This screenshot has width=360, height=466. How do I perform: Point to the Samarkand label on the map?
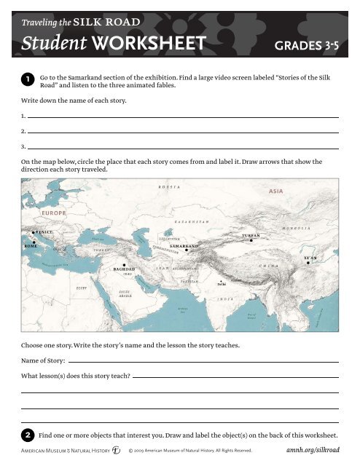(184, 246)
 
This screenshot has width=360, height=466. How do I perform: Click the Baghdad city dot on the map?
(125, 265)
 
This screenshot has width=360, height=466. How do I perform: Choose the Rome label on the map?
(31, 245)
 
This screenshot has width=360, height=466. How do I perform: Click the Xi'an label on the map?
(310, 258)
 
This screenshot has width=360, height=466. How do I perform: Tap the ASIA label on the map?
(275, 191)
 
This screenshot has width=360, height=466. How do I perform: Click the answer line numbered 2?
(182, 132)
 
